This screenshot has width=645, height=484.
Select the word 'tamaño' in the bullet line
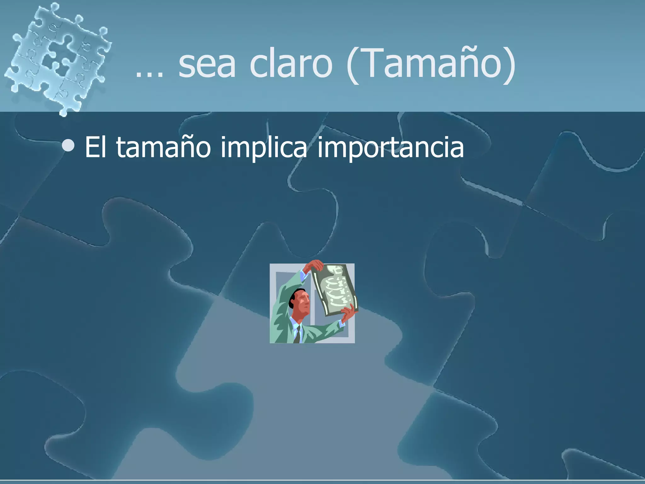tap(163, 147)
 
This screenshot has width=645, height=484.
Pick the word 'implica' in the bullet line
tap(264, 147)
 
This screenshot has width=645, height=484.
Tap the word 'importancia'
tap(390, 147)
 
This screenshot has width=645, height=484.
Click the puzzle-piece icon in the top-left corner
tap(57, 57)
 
